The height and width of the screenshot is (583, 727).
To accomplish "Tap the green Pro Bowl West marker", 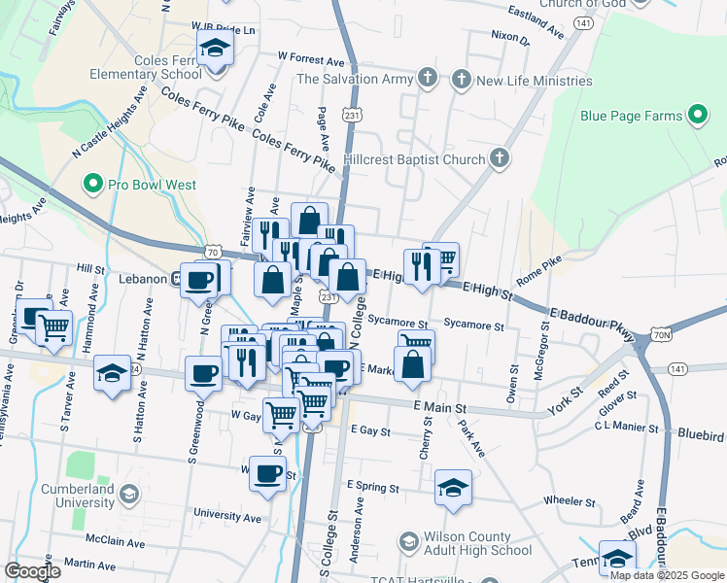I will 93,183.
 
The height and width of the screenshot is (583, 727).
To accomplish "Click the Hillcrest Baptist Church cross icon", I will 499,157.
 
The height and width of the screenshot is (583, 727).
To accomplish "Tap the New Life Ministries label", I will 534,80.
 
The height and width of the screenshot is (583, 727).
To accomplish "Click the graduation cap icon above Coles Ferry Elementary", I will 215,47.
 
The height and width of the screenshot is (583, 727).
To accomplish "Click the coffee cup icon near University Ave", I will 268,473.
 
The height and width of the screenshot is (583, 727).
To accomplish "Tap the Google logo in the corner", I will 33,571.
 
